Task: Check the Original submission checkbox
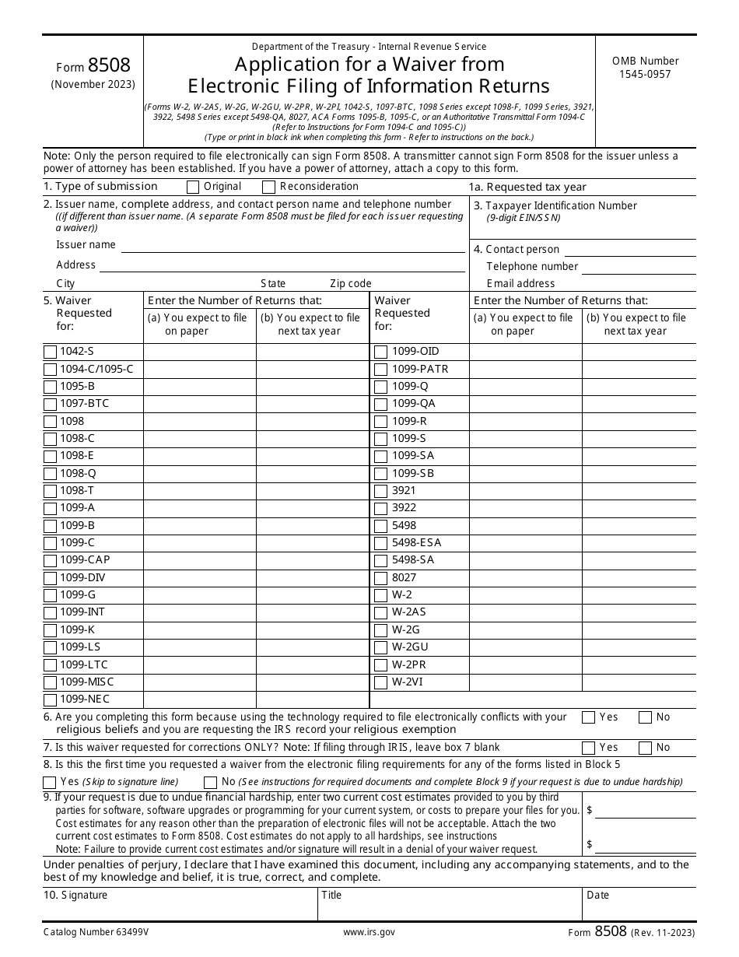click(193, 187)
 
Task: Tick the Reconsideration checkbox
click(269, 187)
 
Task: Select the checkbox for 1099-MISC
click(51, 682)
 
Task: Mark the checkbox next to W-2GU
click(380, 647)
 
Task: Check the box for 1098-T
click(51, 491)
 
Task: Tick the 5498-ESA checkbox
click(380, 543)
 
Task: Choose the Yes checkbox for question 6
click(589, 717)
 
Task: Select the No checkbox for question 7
click(645, 748)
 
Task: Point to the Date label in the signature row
click(598, 895)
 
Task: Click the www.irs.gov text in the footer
click(369, 931)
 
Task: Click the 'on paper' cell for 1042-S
click(199, 352)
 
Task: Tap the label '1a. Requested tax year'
click(527, 187)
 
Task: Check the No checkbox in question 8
click(210, 782)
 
